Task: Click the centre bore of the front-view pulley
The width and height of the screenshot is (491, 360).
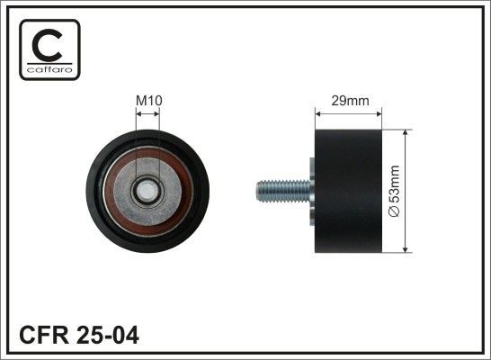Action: pyautogui.click(x=147, y=191)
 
